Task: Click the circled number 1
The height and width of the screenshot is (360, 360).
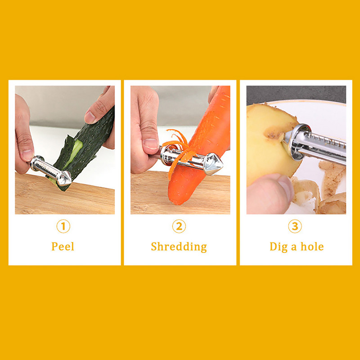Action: click(63, 226)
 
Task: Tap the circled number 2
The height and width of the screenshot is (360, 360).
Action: click(179, 226)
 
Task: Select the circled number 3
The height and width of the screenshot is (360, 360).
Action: click(295, 226)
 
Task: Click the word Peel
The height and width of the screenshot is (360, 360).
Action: click(63, 246)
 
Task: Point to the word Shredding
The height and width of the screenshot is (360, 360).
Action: click(179, 247)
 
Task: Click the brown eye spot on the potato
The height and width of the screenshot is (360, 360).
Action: click(274, 133)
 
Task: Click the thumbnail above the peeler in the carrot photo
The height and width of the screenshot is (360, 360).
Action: click(151, 144)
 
